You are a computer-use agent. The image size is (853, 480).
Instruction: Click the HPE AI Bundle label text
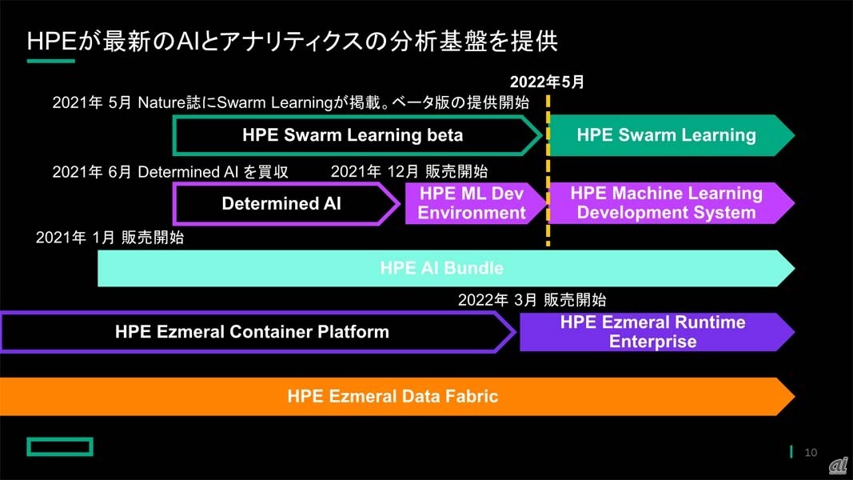(442, 268)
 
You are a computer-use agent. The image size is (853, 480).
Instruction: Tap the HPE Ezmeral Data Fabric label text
(393, 396)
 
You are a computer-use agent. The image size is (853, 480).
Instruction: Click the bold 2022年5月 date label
(547, 82)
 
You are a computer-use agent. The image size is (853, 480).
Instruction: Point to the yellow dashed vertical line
(548, 170)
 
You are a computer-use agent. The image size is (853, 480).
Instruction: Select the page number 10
(811, 452)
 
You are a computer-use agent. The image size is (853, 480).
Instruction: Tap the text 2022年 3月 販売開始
(532, 300)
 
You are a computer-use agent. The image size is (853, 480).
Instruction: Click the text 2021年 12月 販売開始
(409, 172)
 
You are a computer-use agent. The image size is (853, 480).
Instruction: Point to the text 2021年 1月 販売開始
(110, 238)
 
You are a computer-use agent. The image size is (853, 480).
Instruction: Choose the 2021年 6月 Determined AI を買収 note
(170, 172)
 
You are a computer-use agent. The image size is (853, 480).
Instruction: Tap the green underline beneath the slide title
(50, 61)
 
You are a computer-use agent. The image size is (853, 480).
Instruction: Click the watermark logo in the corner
(839, 466)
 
